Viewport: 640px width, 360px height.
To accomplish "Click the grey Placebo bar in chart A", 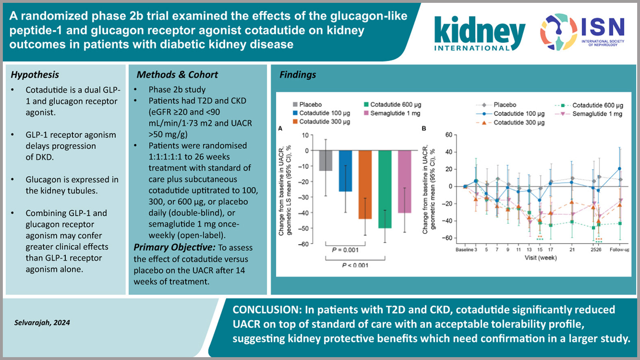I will (325, 160).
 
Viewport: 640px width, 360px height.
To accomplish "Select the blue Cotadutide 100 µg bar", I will (345, 171).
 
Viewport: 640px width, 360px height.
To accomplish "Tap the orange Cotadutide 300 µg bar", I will (365, 184).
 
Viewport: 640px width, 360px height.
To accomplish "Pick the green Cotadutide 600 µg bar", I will (385, 189).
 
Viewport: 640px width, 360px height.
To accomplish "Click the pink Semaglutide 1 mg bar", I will (404, 181).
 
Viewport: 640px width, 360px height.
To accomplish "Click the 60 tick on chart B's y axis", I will (449, 135).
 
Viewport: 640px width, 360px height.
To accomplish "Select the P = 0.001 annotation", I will (345, 250).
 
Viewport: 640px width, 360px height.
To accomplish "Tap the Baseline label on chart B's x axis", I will (464, 249).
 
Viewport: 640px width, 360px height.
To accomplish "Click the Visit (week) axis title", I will (540, 258).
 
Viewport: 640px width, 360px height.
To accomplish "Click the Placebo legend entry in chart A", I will (310, 104).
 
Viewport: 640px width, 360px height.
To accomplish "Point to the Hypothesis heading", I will (35, 75).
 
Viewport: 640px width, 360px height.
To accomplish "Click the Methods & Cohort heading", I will (177, 75).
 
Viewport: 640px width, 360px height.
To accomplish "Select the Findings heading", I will (297, 75).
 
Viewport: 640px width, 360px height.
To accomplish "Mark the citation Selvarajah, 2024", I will (42, 323).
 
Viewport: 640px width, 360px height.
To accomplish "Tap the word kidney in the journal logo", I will (479, 32).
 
